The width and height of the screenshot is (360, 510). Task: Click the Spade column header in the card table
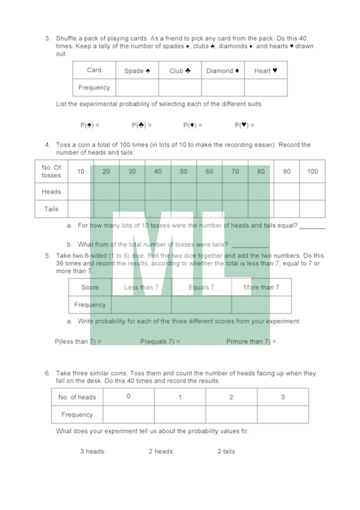137,71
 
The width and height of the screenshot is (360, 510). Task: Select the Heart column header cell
265,71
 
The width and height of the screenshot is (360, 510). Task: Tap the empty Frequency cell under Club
180,88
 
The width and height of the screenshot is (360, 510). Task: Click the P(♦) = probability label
193,125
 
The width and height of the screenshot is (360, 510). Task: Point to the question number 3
47,39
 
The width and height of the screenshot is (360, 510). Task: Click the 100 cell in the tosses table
312,172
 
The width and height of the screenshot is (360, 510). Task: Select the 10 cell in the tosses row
81,172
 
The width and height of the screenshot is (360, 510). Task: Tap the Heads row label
51,192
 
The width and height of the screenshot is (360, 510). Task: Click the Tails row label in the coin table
51,209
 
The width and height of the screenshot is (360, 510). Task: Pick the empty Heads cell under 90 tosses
287,192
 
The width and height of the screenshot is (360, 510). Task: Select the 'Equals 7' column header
201,287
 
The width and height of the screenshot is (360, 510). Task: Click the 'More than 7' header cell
261,287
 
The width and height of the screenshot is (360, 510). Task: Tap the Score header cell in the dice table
90,287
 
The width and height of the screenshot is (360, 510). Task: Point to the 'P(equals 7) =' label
160,342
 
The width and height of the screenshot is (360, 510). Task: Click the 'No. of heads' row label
77,397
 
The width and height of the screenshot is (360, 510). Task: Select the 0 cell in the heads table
128,397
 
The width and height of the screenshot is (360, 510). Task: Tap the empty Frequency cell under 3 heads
283,415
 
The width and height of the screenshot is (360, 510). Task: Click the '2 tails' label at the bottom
226,451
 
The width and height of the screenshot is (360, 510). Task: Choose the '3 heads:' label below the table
93,451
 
